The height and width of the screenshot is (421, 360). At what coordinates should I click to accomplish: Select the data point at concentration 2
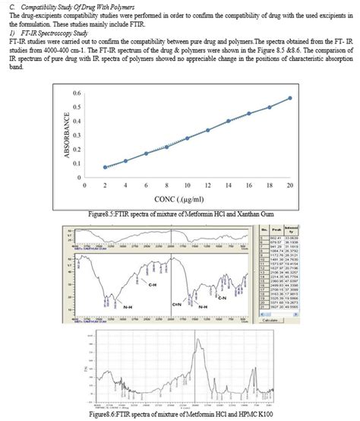pyautogui.click(x=105, y=166)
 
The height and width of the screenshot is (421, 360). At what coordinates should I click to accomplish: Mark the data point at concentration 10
pyautogui.click(x=187, y=138)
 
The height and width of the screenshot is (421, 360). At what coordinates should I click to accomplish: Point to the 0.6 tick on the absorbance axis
pyautogui.click(x=77, y=93)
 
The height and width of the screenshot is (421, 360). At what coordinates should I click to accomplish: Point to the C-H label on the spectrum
pyautogui.click(x=152, y=285)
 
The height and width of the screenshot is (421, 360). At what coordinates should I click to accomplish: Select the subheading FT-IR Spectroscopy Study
pyautogui.click(x=50, y=32)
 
